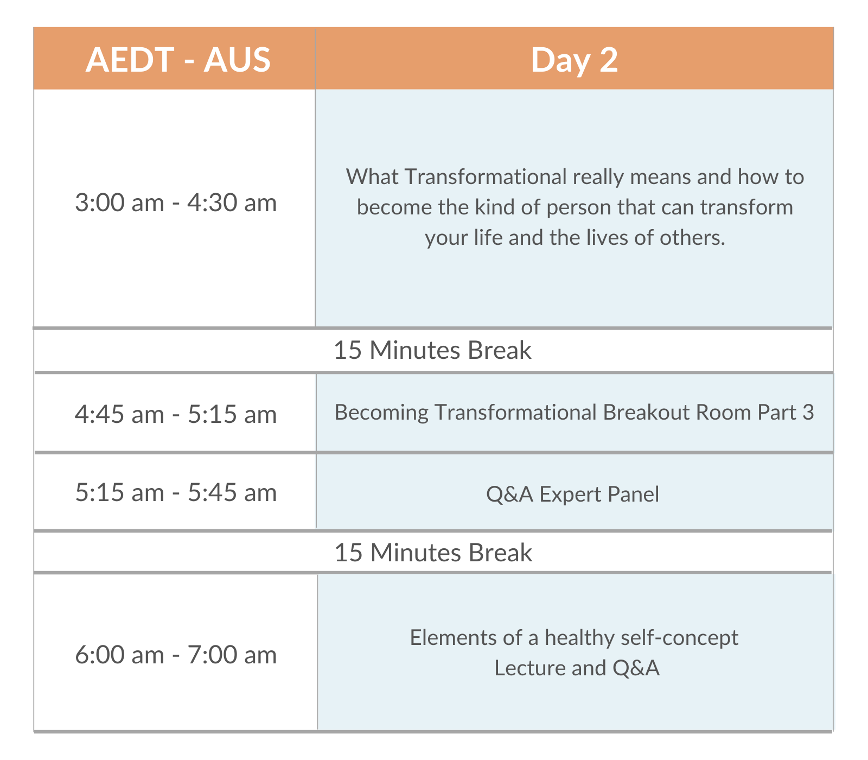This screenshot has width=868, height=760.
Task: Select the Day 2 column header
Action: [574, 59]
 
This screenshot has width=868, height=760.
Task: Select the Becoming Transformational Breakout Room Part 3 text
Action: [575, 413]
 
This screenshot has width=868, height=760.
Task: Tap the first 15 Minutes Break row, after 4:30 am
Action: [432, 350]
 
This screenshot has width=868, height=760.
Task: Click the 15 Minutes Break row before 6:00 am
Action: [433, 553]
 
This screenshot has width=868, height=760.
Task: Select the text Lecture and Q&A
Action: [577, 668]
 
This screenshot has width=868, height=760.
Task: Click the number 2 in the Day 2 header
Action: [609, 59]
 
